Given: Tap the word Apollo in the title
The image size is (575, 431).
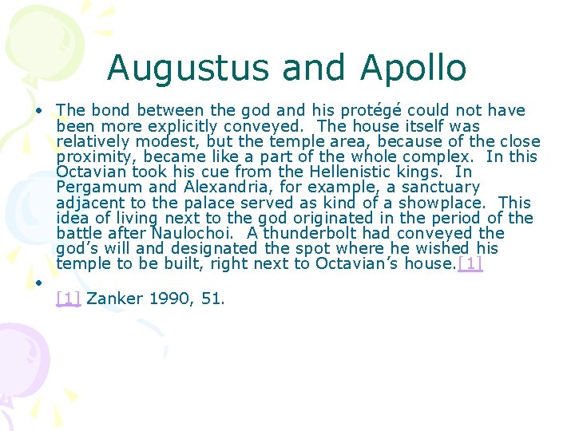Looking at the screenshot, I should click(x=413, y=68).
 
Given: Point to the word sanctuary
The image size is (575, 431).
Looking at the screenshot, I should click(x=438, y=188).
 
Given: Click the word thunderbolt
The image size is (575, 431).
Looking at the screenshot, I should click(x=309, y=233).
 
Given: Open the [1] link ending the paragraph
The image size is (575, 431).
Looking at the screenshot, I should click(x=470, y=264).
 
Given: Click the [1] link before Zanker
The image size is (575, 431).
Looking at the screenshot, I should click(x=69, y=299).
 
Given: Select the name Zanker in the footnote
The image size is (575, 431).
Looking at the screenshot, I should click(x=114, y=299).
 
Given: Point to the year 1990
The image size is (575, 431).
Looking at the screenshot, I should click(x=169, y=299).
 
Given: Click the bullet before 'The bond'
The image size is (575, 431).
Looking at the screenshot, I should click(x=38, y=111).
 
